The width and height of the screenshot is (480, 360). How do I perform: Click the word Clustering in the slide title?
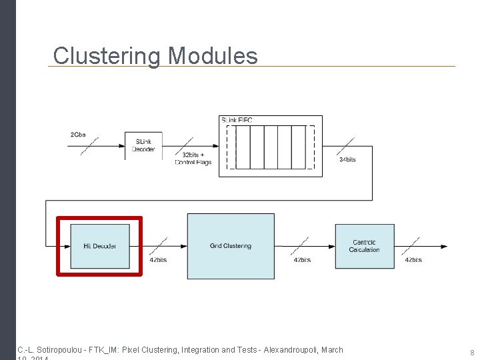tap(107, 56)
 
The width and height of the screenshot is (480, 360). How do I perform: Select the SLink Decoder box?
tap(143, 146)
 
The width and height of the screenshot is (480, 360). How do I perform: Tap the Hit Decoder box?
tap(100, 246)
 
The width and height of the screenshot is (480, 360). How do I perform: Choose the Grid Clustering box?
tap(231, 246)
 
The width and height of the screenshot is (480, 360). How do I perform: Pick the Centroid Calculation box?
tap(364, 246)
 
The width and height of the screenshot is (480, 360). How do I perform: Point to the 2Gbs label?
tap(78, 135)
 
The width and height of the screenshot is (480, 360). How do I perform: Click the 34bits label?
tap(347, 160)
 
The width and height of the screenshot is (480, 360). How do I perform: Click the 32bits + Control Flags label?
tap(193, 159)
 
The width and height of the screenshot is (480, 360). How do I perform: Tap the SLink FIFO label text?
tap(237, 120)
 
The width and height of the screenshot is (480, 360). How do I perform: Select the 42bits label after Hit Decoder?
tap(158, 260)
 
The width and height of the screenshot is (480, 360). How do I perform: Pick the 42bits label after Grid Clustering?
tap(302, 260)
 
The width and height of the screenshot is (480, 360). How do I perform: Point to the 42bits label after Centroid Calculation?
tap(413, 260)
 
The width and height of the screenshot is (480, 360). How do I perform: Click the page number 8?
tap(472, 353)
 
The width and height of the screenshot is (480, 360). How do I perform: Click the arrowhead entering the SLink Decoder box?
tap(122, 146)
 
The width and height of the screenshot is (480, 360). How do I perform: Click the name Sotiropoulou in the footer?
tap(59, 349)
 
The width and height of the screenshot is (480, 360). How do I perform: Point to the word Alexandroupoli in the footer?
tap(291, 349)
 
